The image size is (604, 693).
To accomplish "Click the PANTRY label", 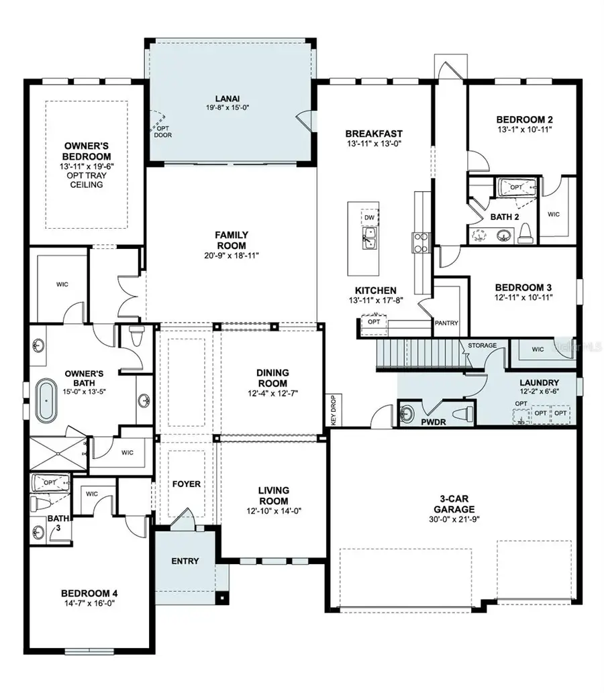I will [x=446, y=323].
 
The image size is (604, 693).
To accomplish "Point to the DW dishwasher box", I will [x=368, y=217].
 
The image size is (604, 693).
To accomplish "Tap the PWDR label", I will [x=430, y=424].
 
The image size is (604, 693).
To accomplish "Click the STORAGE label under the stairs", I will [x=483, y=345].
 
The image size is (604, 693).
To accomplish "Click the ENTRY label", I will [x=185, y=561].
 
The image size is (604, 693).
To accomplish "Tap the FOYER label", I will [x=187, y=484].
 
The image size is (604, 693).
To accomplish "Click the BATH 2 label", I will [x=505, y=217].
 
